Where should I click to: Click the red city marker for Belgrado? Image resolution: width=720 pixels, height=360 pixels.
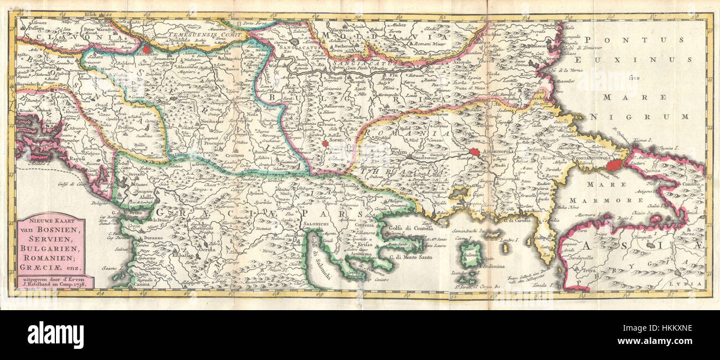[x=146, y=48]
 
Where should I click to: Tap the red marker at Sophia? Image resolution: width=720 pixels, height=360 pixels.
[x=325, y=143]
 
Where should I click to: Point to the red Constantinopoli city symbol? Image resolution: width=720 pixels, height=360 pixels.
[x=613, y=165]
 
